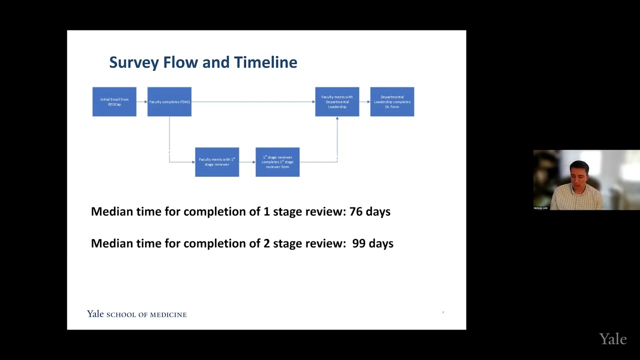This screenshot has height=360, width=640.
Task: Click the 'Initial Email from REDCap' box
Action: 114,101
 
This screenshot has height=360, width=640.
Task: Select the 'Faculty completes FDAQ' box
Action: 169,101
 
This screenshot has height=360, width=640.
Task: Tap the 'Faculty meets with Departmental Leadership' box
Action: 337,101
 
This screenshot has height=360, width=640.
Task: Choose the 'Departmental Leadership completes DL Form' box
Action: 392,101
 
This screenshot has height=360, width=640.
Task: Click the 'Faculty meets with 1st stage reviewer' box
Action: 217,162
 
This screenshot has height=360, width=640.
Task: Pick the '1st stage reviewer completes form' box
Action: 277,162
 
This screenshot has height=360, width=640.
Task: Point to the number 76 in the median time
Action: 356,211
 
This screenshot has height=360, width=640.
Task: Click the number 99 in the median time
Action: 359,243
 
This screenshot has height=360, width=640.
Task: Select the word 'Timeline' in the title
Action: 265,62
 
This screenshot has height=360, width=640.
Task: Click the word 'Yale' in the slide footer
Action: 95,314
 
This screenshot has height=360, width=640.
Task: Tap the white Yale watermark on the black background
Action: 612,339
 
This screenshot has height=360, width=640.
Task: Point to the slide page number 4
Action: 443,312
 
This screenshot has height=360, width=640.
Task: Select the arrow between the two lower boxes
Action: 247,162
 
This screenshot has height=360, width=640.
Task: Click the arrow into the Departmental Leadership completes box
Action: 364,101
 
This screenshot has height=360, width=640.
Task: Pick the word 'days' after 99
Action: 379,243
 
